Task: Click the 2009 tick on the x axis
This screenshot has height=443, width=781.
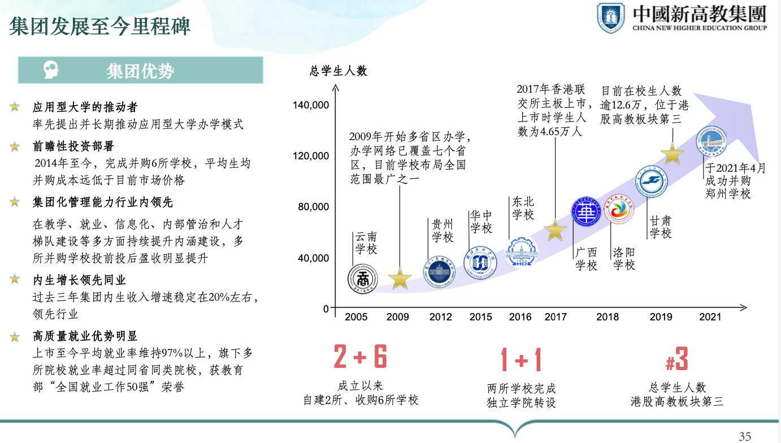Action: coord(398,317)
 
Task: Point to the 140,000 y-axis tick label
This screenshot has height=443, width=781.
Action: coord(311,105)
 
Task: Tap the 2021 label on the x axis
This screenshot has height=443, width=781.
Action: coord(710,317)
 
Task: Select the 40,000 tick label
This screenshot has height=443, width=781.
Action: coord(313,258)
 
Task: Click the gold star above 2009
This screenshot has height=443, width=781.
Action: coord(400,278)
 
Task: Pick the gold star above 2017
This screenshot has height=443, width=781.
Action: coord(555,230)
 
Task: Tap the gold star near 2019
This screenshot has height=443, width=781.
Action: coord(672,153)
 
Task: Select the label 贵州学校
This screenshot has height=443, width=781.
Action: coord(442,231)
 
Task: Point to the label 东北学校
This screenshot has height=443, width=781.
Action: coord(523,208)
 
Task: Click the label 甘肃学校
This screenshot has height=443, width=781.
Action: coord(660,227)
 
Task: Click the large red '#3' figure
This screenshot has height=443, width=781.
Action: coord(677,359)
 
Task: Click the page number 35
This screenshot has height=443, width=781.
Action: coord(745,436)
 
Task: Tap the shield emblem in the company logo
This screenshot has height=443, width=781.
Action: coord(611,18)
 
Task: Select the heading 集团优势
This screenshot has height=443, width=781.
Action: coord(140,71)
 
